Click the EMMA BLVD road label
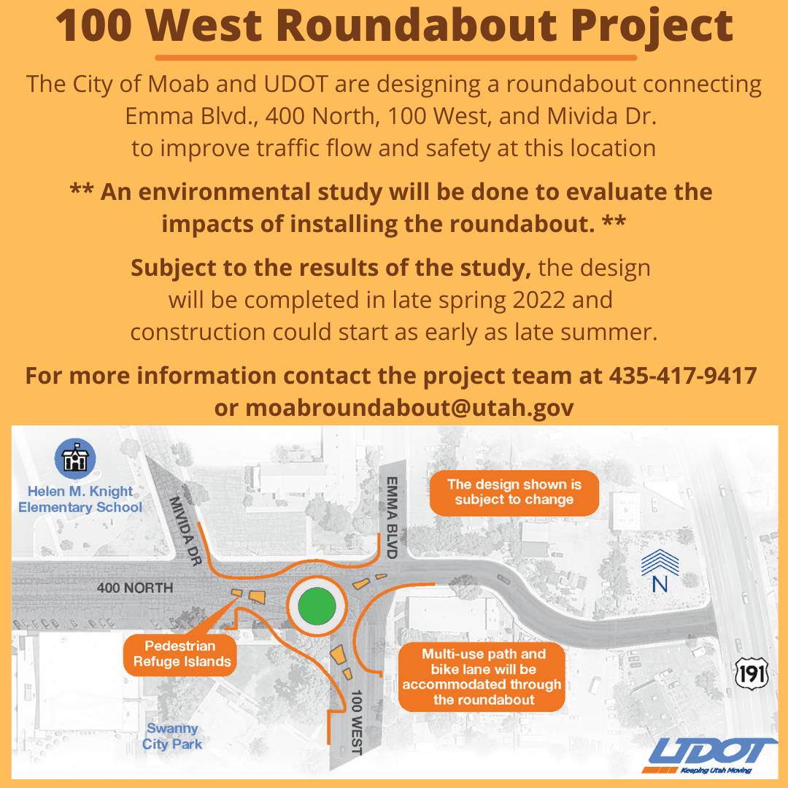pyautogui.click(x=392, y=518)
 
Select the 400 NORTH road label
pyautogui.click(x=135, y=587)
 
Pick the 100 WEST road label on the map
pyautogui.click(x=358, y=722)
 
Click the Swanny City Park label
pyautogui.click(x=172, y=736)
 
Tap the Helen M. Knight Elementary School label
pyautogui.click(x=80, y=500)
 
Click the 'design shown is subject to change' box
pyautogui.click(x=514, y=492)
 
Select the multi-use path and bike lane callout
pyautogui.click(x=482, y=676)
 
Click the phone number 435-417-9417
pyautogui.click(x=682, y=376)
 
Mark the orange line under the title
pyautogui.click(x=395, y=57)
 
